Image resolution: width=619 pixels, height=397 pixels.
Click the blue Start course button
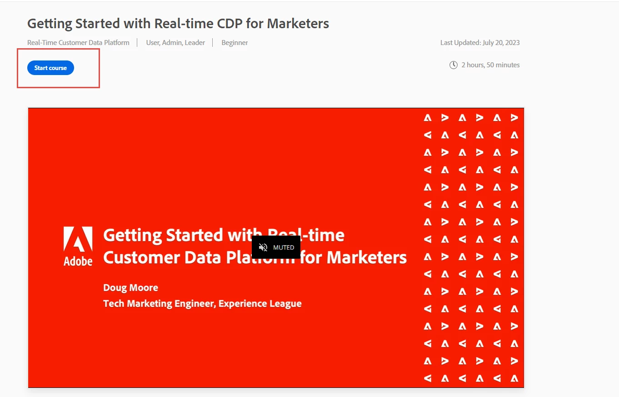tap(50, 68)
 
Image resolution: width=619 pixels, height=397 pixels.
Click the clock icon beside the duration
tap(453, 65)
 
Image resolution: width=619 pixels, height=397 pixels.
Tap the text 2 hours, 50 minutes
tap(490, 65)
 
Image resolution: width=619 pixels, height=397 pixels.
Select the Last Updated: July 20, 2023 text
tap(480, 43)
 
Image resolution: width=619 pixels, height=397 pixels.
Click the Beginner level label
tap(235, 43)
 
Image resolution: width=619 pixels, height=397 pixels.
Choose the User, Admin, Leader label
tap(175, 43)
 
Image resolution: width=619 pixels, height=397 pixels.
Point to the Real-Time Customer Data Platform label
tap(78, 43)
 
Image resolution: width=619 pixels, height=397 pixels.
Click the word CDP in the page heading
tap(230, 24)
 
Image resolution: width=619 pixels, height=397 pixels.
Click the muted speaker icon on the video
tap(263, 247)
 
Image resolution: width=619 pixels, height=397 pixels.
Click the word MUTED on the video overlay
tap(284, 247)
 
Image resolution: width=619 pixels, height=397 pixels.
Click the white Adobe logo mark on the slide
tap(78, 239)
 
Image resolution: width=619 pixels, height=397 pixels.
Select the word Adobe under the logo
tap(78, 261)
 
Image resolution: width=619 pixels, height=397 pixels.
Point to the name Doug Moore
tap(131, 287)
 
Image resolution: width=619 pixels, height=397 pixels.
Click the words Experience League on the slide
tap(260, 304)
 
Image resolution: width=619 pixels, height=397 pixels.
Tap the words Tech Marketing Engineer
tap(158, 304)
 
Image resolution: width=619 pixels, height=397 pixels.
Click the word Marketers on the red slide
tap(367, 258)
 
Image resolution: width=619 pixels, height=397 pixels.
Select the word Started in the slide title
tap(194, 235)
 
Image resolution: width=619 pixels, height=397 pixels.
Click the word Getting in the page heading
tap(50, 24)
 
